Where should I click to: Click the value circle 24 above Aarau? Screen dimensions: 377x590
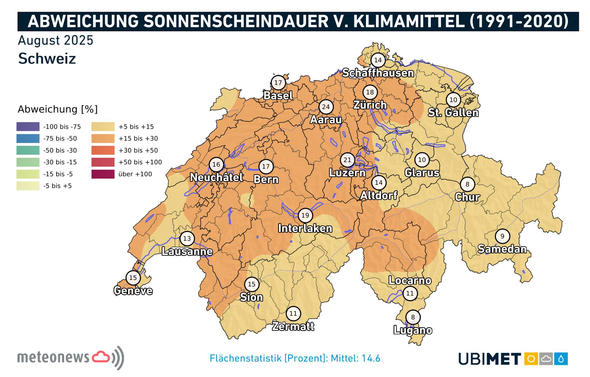(x=326, y=107)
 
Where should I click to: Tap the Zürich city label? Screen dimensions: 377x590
(x=370, y=105)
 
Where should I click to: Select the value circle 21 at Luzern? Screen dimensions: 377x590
(x=347, y=160)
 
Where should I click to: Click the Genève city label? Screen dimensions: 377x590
(x=133, y=290)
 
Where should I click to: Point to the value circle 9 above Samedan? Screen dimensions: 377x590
(x=502, y=236)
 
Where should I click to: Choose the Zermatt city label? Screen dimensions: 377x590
(x=293, y=326)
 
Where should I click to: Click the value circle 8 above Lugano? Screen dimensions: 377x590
(x=413, y=317)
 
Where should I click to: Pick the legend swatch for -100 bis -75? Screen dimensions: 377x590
(x=28, y=126)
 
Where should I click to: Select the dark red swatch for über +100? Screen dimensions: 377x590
(x=103, y=174)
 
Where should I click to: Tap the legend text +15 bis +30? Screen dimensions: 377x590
(x=138, y=138)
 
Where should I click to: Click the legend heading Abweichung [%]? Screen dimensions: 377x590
(x=57, y=109)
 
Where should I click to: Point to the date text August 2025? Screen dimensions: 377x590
(x=56, y=41)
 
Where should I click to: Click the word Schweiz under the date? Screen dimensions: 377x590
(x=47, y=58)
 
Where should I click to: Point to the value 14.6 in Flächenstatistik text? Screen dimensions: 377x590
(x=371, y=358)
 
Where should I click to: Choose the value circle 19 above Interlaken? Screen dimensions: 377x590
(x=305, y=215)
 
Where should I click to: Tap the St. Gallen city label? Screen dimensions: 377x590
(x=453, y=113)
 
